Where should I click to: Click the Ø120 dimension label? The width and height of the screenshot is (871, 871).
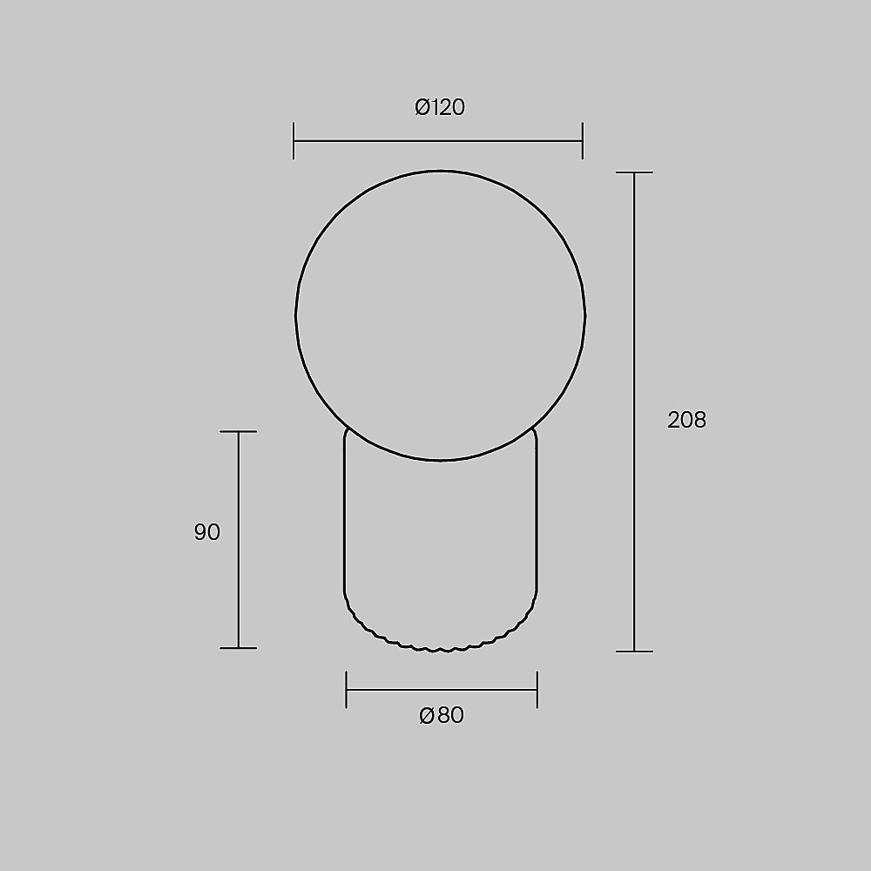pos(440,106)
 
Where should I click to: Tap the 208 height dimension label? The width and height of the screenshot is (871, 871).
pos(686,420)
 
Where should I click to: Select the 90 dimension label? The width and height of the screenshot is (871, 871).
pos(207,532)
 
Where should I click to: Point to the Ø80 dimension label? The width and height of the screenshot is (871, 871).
pos(442,715)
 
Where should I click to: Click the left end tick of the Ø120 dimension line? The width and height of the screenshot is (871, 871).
pos(294,141)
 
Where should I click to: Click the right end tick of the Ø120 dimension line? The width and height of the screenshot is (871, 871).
pos(582,141)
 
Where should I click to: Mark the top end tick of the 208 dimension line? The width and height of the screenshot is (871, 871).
pos(634,172)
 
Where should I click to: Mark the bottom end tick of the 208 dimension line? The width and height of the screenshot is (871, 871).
pos(634,651)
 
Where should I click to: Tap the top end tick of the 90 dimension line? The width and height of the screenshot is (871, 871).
pos(239,432)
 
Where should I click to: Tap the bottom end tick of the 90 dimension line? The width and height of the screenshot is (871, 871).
pos(239,648)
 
